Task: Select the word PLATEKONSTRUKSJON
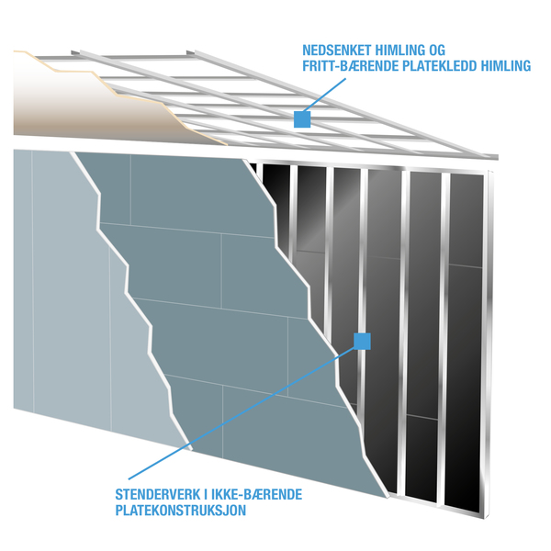point(180,511)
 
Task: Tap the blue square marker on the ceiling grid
point(301,118)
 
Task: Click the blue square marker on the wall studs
point(363,342)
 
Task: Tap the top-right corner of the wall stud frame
point(492,165)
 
